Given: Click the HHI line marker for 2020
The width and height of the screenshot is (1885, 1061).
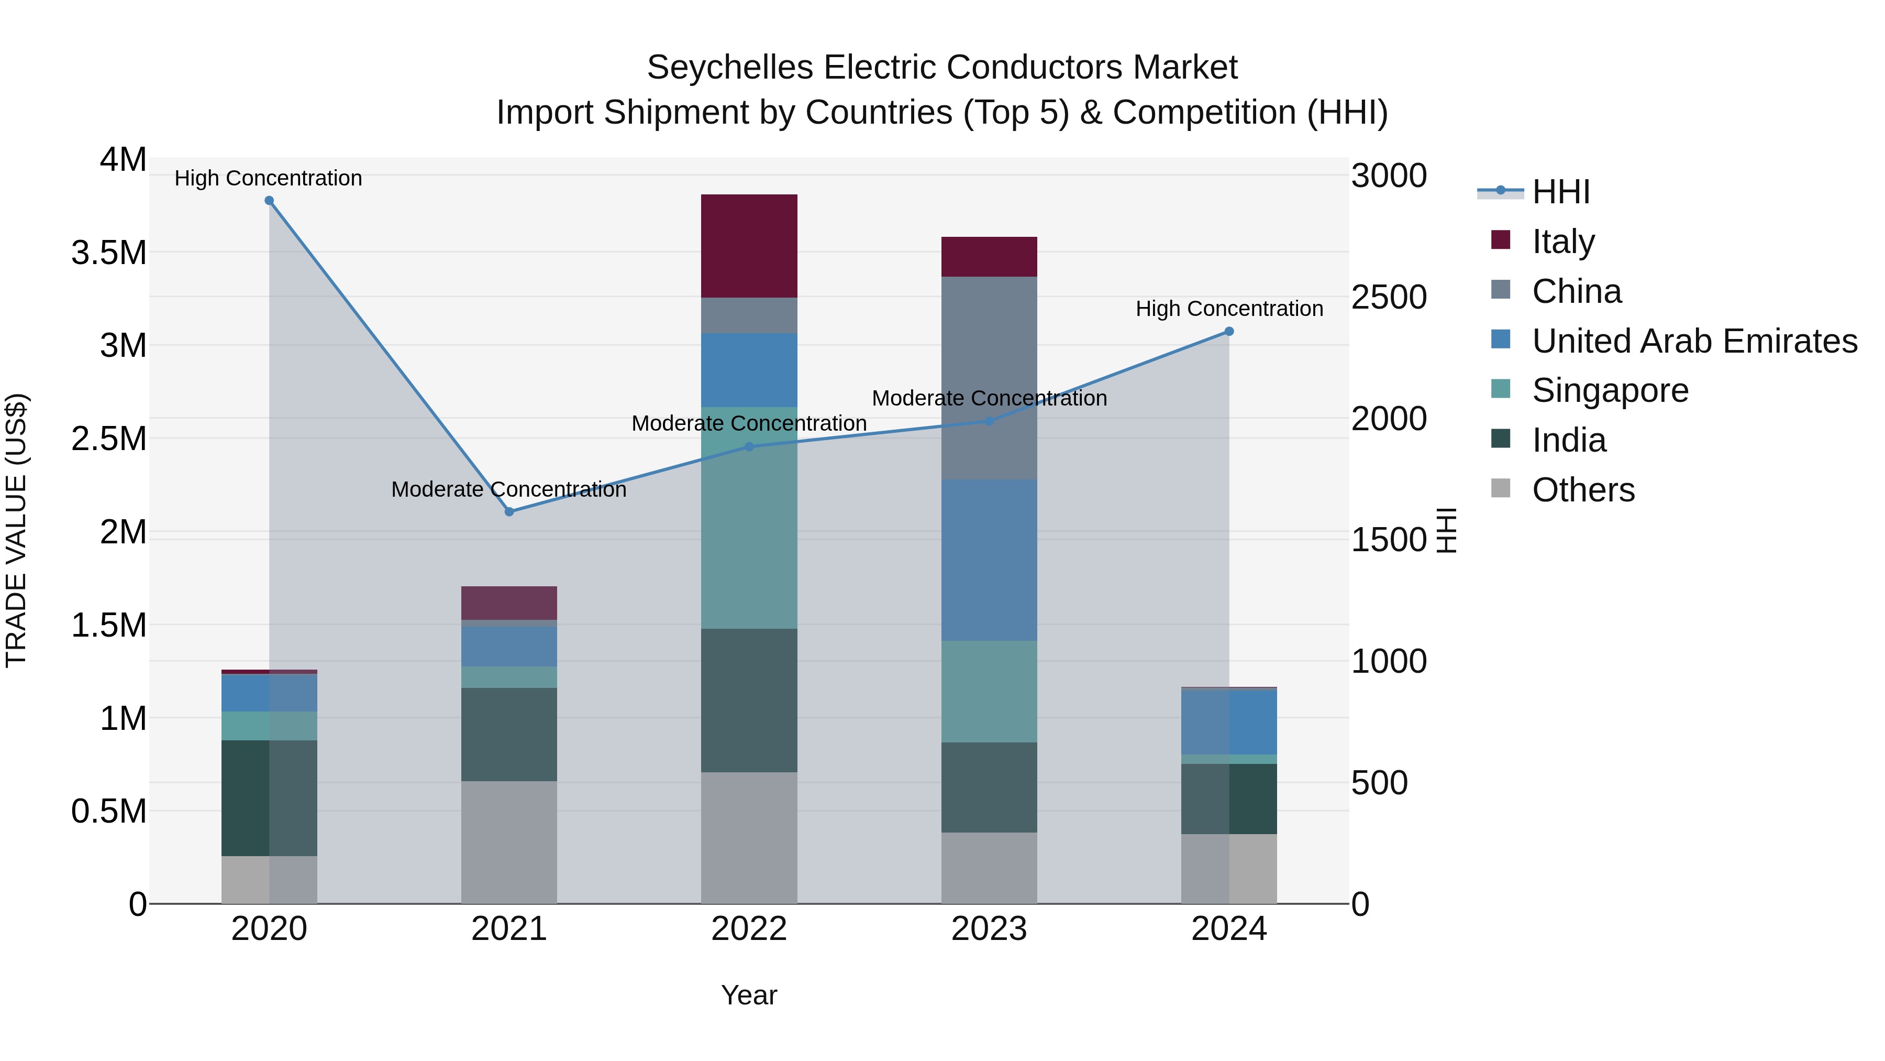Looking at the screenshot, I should tap(269, 201).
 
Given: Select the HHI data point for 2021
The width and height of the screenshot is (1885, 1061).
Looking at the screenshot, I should tap(509, 512).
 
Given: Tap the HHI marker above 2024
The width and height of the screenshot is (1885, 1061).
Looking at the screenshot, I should tap(1229, 332).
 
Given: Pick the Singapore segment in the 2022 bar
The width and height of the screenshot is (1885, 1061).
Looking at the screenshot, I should tap(749, 517).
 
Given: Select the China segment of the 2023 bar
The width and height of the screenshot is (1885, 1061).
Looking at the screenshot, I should tap(989, 378).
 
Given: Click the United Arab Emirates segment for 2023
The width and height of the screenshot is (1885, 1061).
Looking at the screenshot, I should tap(989, 560).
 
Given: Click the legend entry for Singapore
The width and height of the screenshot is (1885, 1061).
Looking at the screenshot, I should tap(1610, 390).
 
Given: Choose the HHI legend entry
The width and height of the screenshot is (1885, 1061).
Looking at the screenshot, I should tap(1560, 192).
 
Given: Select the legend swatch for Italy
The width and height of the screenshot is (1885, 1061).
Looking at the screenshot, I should tap(1500, 240).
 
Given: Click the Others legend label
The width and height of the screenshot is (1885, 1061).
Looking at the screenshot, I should tap(1583, 490).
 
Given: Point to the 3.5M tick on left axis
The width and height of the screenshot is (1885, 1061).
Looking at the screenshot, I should tap(108, 253).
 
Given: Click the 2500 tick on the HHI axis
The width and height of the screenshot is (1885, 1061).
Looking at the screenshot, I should tap(1388, 297).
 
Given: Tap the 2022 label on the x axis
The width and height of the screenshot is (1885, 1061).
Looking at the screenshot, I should tap(749, 929).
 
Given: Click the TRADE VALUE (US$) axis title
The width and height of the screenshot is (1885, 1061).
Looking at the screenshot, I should tap(17, 530).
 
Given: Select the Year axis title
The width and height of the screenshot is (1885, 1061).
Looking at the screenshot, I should tap(749, 995).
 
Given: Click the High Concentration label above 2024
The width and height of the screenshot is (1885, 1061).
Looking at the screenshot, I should tap(1229, 309).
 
